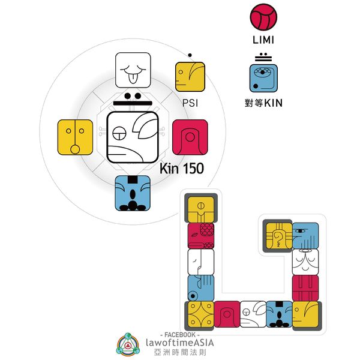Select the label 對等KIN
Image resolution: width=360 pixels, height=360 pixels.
[264, 103]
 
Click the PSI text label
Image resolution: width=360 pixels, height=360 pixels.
[190, 103]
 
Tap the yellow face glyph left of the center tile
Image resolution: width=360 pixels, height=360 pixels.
[75, 137]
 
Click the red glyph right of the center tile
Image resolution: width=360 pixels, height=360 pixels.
[190, 137]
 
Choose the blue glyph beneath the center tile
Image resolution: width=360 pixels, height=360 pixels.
[132, 193]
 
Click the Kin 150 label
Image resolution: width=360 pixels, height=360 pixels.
[181, 169]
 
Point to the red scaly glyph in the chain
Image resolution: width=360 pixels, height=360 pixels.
[200, 236]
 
